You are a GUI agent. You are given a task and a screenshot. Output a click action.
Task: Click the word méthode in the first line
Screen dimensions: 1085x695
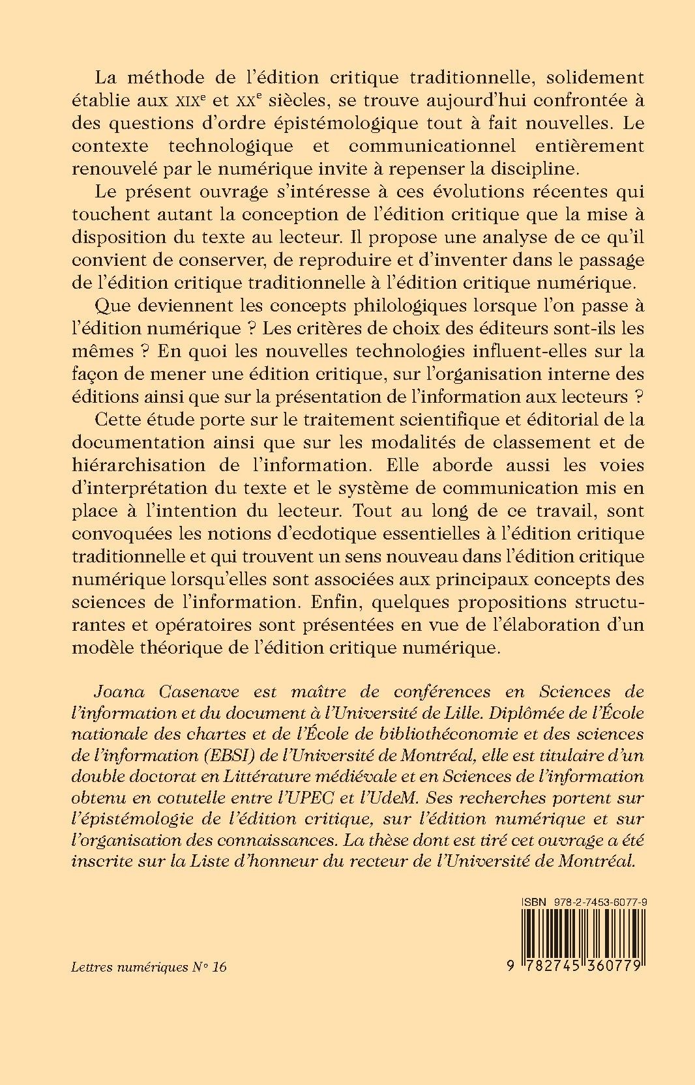(180, 77)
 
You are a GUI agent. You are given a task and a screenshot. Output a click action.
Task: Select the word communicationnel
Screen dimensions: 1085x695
(444, 145)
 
